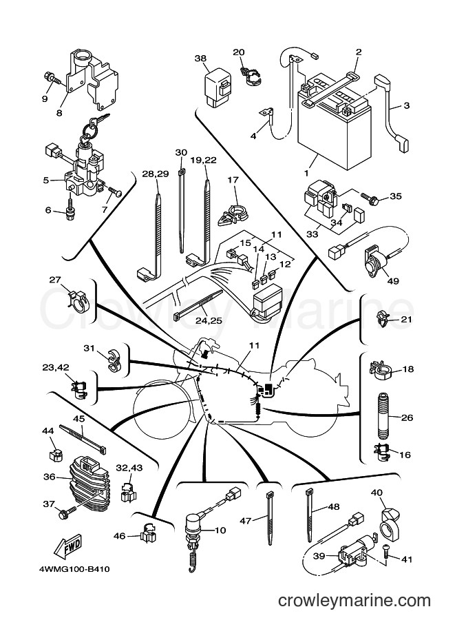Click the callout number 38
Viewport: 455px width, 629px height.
point(200,59)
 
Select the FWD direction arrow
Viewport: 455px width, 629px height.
point(67,548)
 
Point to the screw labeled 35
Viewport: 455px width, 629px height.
point(370,198)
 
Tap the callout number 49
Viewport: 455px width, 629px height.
point(393,281)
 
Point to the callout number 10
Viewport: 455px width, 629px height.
point(220,530)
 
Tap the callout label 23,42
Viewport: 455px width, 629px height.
point(55,367)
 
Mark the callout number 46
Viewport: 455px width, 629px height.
point(119,536)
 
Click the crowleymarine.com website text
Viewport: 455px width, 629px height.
point(355,601)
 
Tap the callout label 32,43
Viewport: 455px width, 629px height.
point(129,468)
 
